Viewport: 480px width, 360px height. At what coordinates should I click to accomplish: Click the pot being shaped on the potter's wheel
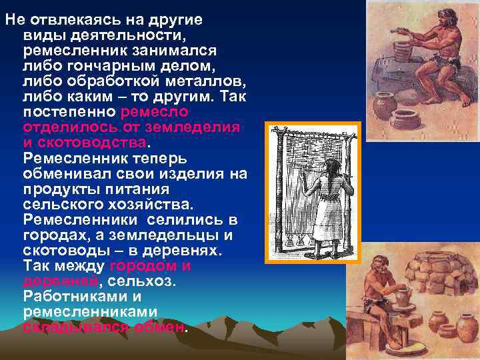coord(402,299)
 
